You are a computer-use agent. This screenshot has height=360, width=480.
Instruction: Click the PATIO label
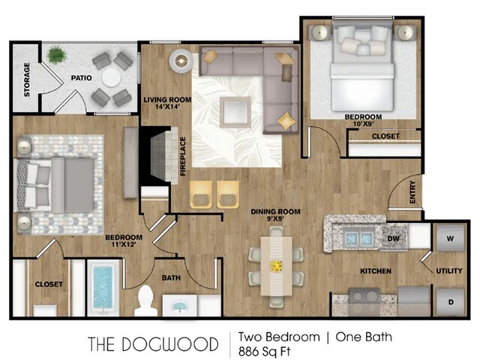(x=81, y=78)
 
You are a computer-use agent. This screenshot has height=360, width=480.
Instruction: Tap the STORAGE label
(x=27, y=79)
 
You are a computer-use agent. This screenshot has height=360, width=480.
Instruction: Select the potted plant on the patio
(x=56, y=55)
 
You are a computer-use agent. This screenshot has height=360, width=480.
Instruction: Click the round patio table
(x=112, y=77)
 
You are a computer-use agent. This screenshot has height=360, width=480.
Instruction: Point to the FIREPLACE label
(x=183, y=157)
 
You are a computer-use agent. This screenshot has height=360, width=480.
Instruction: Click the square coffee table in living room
(x=235, y=112)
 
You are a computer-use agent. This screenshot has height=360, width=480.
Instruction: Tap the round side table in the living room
(x=181, y=61)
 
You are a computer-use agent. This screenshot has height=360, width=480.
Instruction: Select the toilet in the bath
(x=146, y=301)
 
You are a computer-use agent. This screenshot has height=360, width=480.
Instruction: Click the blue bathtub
(x=103, y=287)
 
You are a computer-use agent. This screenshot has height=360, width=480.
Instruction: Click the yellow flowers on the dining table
(x=276, y=266)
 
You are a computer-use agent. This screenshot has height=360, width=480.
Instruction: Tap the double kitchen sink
(x=358, y=238)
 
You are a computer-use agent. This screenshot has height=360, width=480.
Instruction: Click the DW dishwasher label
(x=393, y=238)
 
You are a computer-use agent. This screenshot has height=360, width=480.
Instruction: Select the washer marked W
(x=450, y=238)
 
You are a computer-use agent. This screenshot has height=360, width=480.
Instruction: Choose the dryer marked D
(x=450, y=301)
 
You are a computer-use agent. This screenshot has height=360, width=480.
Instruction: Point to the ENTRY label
(x=412, y=192)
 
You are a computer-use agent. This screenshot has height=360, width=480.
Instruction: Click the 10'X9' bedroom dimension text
(x=363, y=124)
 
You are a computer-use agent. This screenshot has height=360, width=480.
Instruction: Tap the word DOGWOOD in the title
(x=170, y=344)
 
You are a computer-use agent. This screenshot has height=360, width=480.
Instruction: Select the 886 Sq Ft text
(x=265, y=351)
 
